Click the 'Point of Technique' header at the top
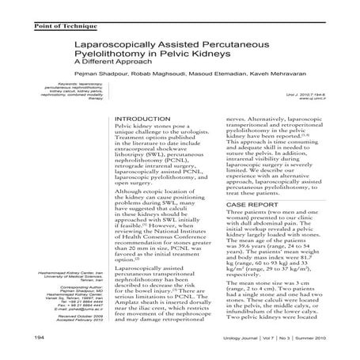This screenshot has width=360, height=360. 44,6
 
